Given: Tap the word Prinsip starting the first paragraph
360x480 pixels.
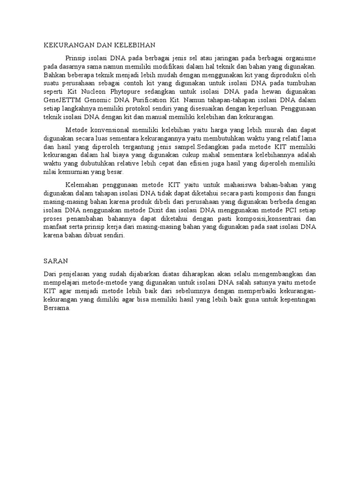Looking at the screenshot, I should (x=78, y=58).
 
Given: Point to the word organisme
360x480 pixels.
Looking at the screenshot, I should (x=299, y=58).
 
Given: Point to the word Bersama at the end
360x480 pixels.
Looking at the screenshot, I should (x=56, y=308).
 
